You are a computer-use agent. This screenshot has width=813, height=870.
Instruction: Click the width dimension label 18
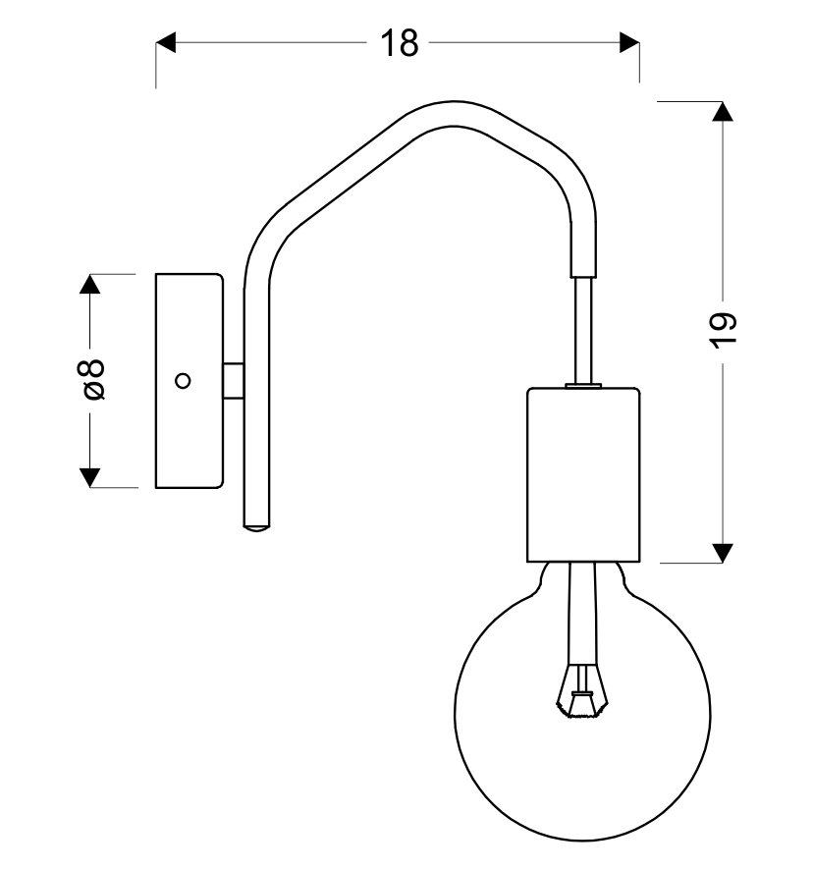(x=400, y=43)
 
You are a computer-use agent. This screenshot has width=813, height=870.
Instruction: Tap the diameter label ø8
(x=91, y=380)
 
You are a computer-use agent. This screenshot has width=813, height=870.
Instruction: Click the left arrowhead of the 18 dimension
(x=167, y=43)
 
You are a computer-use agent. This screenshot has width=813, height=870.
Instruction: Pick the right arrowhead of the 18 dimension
(x=628, y=43)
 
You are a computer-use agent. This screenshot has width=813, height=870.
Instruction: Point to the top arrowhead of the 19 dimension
(x=723, y=111)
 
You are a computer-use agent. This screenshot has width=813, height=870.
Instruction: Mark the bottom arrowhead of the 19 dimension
(x=723, y=552)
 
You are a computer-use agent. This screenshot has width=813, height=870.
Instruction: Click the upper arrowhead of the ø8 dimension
(x=89, y=285)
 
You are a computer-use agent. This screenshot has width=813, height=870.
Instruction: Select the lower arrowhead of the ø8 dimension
(x=89, y=477)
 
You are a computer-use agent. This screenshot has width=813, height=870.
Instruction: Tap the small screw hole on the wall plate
(x=182, y=381)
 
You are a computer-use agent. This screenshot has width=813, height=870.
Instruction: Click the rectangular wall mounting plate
(x=190, y=381)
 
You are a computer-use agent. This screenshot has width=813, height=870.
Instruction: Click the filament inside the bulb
(x=582, y=695)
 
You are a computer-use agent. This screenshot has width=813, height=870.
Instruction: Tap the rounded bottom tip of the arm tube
(x=255, y=526)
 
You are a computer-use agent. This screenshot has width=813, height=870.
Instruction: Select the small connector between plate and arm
(x=232, y=381)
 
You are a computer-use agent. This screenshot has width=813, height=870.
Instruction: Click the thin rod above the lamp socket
(x=583, y=329)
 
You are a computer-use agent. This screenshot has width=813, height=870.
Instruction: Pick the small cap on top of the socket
(x=583, y=386)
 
